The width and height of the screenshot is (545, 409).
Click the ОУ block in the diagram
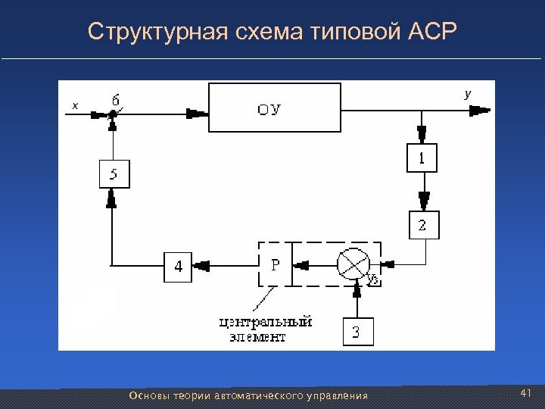(274, 109)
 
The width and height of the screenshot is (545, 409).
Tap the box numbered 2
(422, 225)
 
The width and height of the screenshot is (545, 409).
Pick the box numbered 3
(357, 331)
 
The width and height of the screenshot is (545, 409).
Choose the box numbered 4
(179, 266)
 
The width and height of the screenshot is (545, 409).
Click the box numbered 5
(114, 175)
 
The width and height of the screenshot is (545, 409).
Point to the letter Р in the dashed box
(276, 265)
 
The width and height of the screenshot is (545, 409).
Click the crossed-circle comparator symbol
(353, 264)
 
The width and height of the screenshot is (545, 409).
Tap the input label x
(73, 106)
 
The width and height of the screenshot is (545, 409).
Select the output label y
(467, 93)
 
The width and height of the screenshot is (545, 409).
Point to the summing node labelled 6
(112, 114)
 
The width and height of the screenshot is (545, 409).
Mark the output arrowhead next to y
(480, 111)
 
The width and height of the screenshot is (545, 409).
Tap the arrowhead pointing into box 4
(202, 265)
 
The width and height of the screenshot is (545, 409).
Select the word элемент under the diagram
(258, 337)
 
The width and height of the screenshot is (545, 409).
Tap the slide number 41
(527, 393)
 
